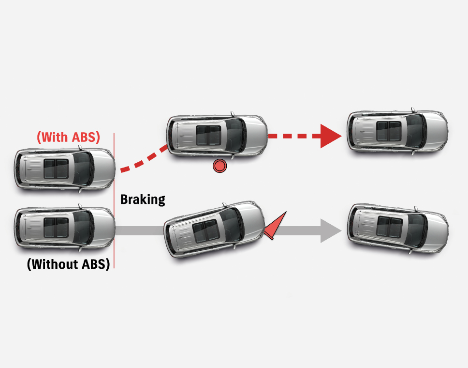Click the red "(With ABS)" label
tap(69, 137)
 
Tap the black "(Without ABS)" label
tap(68, 264)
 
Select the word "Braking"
tap(143, 199)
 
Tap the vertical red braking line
tap(114, 203)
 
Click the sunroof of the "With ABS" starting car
tap(56, 169)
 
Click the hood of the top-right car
tap(435, 131)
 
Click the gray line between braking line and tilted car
tap(140, 231)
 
